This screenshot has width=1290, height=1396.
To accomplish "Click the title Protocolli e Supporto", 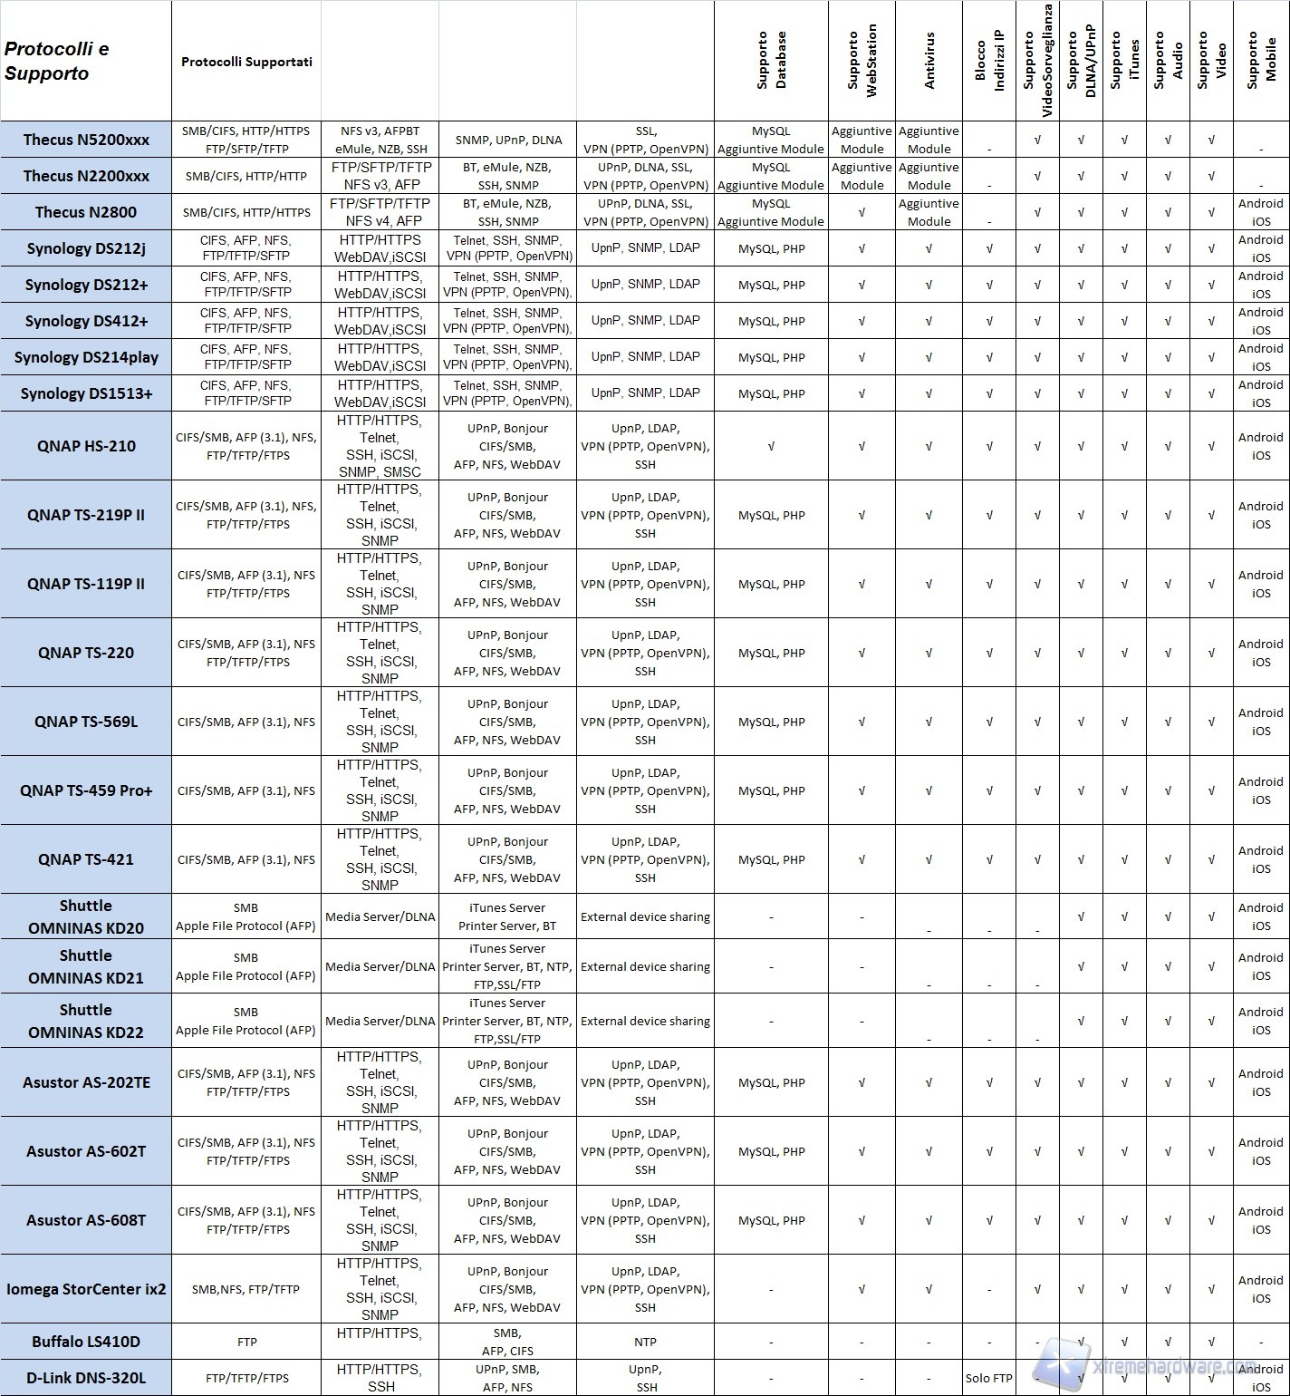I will (57, 62).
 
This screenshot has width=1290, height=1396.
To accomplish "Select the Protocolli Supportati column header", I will (246, 62).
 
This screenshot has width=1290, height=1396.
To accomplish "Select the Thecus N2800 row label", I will (86, 212).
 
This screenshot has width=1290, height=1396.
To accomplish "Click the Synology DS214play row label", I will (86, 357).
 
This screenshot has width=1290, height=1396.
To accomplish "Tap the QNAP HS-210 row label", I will (86, 446).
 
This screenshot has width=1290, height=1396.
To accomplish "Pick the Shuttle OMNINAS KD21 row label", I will (86, 966).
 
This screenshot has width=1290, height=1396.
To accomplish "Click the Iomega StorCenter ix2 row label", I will (86, 1289).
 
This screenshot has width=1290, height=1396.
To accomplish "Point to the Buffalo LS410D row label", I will (86, 1342).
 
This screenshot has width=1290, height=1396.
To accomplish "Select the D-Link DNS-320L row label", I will (86, 1378).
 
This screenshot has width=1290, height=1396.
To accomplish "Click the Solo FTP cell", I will (989, 1378).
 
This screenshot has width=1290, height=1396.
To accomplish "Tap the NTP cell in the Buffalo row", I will (645, 1342).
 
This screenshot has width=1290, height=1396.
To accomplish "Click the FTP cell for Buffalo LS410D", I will (246, 1342).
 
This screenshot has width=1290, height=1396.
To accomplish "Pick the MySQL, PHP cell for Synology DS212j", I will (771, 248).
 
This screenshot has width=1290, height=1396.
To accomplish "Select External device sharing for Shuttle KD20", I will (645, 916).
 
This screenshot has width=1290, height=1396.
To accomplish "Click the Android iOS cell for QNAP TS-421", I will (1261, 859).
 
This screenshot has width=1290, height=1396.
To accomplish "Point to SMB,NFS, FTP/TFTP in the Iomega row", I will (246, 1289).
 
